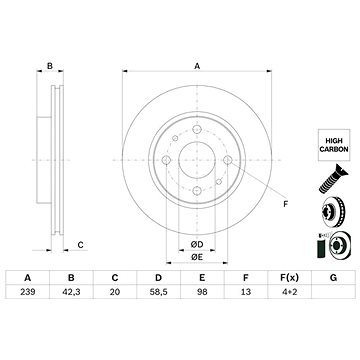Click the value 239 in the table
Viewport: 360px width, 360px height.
pyautogui.click(x=28, y=292)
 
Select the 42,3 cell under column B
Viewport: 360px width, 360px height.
pyautogui.click(x=71, y=292)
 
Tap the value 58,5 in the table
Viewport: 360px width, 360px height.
pyautogui.click(x=159, y=292)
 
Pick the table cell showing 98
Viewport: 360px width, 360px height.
pyautogui.click(x=202, y=292)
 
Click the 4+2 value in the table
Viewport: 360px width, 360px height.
pyautogui.click(x=289, y=292)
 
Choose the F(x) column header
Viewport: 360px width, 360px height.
pyautogui.click(x=289, y=278)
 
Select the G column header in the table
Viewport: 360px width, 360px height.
pyautogui.click(x=333, y=278)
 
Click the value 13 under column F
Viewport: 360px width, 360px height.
pyautogui.click(x=246, y=292)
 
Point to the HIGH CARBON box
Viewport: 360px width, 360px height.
pyautogui.click(x=334, y=145)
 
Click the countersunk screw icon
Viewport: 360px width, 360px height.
pyautogui.click(x=333, y=179)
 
